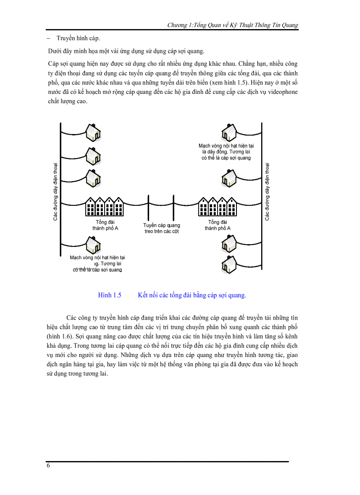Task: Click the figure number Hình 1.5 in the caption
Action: (109, 295)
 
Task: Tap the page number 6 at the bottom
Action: (48, 466)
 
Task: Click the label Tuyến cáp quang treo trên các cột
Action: (162, 228)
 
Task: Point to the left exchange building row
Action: (105, 206)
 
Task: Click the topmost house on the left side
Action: (93, 131)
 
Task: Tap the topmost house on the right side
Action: (229, 131)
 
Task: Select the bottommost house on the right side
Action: (229, 265)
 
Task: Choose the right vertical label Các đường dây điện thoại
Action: (267, 191)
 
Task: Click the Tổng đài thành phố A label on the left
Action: (105, 225)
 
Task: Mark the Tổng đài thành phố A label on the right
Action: (217, 225)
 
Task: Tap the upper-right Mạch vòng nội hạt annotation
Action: (226, 151)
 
